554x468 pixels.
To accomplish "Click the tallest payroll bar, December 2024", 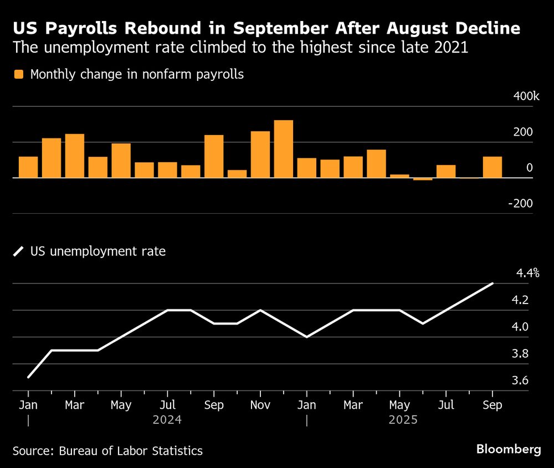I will click(283, 149).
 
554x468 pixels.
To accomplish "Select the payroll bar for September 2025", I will click(492, 167).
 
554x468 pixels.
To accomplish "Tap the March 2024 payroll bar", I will click(75, 156).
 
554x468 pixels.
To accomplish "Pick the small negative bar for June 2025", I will click(423, 179).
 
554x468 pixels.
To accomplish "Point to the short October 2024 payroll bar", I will click(237, 174).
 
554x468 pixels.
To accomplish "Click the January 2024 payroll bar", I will click(28, 167).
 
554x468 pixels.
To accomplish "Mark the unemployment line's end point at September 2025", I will click(493, 284).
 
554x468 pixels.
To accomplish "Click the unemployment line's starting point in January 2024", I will click(28, 377).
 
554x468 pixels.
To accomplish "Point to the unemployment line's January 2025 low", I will click(306, 337).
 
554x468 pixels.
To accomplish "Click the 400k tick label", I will click(526, 96).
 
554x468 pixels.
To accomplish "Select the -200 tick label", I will click(521, 203).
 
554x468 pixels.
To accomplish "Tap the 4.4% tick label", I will click(527, 273).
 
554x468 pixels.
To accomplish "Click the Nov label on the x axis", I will click(260, 405).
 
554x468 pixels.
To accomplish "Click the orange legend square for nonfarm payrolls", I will click(19, 74).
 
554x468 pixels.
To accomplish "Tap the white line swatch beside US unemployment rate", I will click(19, 251).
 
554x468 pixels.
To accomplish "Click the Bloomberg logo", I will click(508, 449).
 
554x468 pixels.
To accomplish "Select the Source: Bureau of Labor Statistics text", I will click(107, 451).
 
